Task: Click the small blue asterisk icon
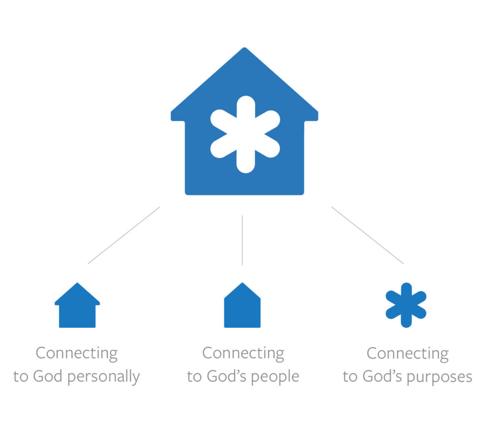click(406, 305)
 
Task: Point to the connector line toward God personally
click(124, 235)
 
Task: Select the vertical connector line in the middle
click(242, 240)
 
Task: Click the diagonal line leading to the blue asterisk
click(367, 235)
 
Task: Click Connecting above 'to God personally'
click(76, 354)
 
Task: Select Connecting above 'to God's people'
click(243, 354)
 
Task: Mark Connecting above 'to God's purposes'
click(407, 354)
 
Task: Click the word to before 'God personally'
click(21, 376)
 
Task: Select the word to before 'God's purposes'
click(350, 376)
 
